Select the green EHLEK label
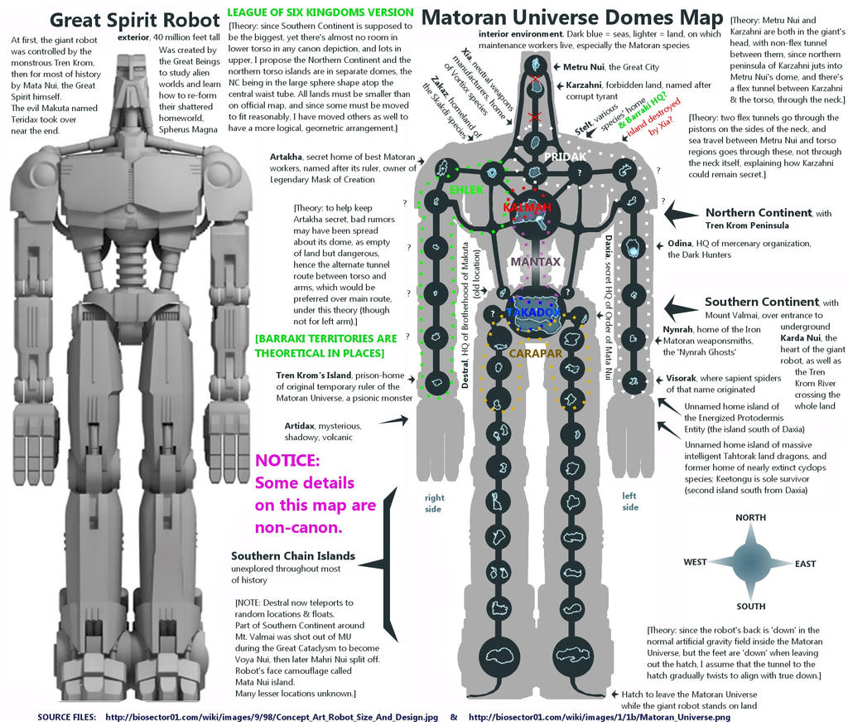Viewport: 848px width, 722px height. click(465, 190)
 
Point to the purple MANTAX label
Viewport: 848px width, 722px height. click(536, 262)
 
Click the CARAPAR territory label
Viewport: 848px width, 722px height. click(535, 354)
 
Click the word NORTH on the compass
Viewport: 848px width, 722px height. click(750, 517)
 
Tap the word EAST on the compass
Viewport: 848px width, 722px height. click(805, 564)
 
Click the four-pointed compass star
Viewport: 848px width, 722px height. click(750, 561)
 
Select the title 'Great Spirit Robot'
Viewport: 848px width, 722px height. click(122, 18)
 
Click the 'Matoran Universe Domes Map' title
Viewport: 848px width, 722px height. click(571, 18)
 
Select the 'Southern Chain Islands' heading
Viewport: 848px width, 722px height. click(293, 555)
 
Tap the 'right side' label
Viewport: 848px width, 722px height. click(434, 503)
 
